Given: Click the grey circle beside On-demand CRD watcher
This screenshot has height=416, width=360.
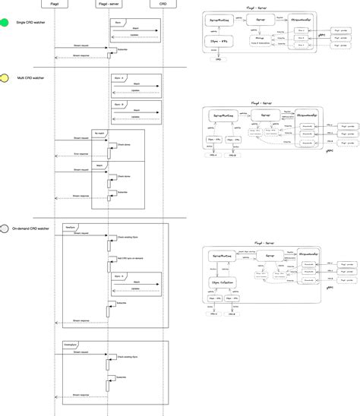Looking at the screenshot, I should pos(5,228).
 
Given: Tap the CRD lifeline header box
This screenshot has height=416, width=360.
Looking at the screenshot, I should pos(164,5).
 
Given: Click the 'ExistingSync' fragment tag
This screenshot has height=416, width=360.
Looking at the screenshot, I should pos(73,345).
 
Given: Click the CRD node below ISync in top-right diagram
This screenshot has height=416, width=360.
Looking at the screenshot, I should pos(219,69).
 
